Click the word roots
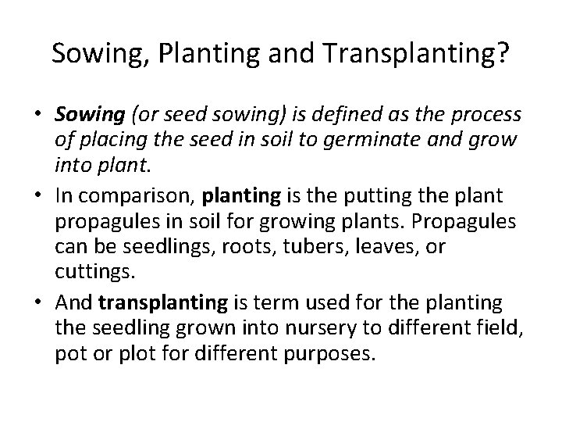click(265, 248)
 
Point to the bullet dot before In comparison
click(37, 196)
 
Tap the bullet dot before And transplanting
click(37, 303)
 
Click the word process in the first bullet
click(487, 116)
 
